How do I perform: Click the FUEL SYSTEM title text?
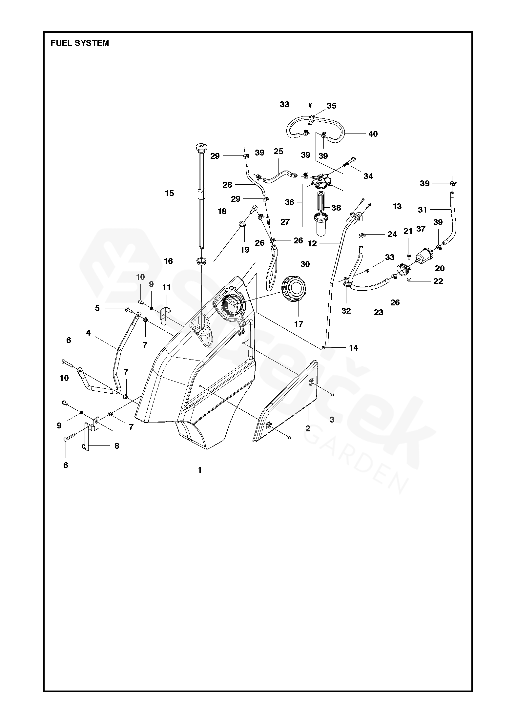(x=80, y=43)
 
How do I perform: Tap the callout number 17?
(x=299, y=324)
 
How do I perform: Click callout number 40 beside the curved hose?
(x=373, y=134)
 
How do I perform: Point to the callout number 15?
(x=169, y=193)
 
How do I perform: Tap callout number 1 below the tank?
(x=199, y=470)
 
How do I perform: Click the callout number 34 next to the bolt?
(x=368, y=176)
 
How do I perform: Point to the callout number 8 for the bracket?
(x=116, y=446)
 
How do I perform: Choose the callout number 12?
(x=312, y=243)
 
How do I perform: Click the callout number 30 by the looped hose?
(x=305, y=264)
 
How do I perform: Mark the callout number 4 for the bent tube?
(x=88, y=333)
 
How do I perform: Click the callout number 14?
(x=353, y=348)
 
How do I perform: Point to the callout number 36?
(x=289, y=202)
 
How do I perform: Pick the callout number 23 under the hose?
(x=378, y=312)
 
